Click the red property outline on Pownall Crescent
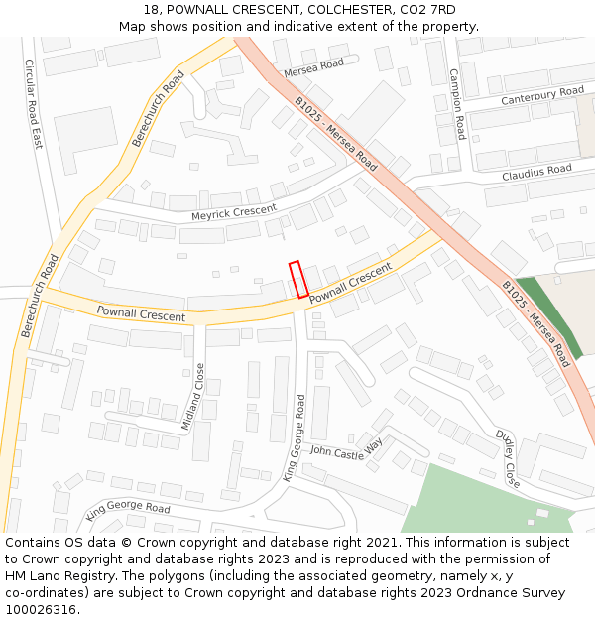tap(297, 279)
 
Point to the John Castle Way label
tap(346, 451)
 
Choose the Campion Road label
tap(457, 104)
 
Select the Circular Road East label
tap(34, 103)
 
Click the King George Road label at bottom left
tap(128, 510)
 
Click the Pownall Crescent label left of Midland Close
tap(141, 313)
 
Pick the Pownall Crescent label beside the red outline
tap(350, 285)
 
